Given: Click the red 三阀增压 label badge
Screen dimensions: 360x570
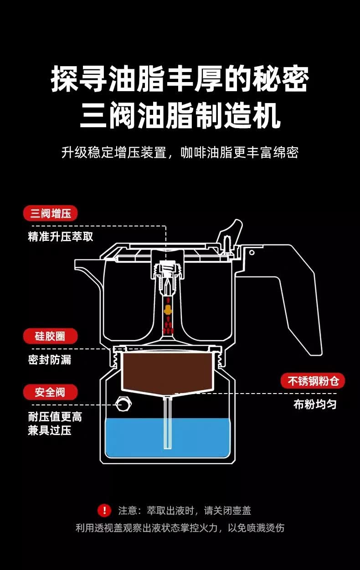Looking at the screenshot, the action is [x=50, y=213].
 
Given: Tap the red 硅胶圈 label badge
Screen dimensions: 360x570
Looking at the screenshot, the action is [x=50, y=336].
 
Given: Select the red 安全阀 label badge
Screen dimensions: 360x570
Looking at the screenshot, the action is [x=50, y=392].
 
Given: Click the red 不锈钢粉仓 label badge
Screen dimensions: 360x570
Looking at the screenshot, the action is [x=313, y=381].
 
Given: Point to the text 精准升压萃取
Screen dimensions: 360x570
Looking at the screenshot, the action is [x=61, y=236].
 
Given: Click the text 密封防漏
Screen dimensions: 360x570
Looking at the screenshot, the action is [x=50, y=360].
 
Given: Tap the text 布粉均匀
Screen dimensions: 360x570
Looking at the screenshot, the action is [x=315, y=404].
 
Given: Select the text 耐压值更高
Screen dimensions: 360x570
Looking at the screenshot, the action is [x=55, y=417].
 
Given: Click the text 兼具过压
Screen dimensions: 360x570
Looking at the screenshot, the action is [x=50, y=430].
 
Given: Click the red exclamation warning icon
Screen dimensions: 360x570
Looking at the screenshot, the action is [x=104, y=510].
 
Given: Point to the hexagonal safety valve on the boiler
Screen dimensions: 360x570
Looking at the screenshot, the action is [x=123, y=404].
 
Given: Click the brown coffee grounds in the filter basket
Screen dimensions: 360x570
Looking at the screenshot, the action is [x=168, y=371].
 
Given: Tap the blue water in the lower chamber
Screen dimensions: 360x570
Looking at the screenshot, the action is [x=168, y=438].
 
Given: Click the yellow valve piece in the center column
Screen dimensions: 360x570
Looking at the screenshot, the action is [x=168, y=310].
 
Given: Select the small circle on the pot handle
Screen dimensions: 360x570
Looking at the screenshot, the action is [x=252, y=253].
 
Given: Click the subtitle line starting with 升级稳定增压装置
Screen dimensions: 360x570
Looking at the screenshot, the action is [x=180, y=152].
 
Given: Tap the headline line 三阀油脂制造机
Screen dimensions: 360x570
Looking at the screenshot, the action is [x=180, y=115].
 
